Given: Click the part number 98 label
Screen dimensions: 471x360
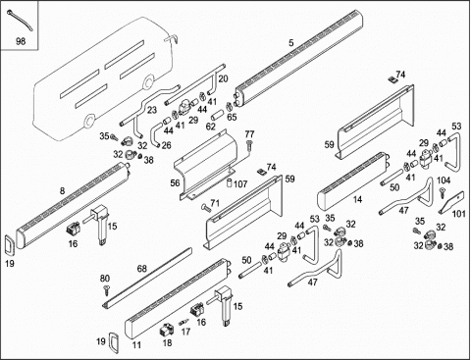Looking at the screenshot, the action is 21,41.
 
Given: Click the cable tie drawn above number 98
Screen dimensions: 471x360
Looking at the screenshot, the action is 20,20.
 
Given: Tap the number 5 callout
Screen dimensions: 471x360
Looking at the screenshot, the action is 291,43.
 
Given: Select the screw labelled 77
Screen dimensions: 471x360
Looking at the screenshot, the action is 249,144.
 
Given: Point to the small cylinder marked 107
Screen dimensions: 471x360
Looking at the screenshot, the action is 230,182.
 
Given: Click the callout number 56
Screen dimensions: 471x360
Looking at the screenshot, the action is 175,182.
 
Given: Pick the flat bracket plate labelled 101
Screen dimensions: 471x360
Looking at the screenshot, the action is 451,202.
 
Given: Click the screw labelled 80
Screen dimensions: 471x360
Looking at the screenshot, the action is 106,289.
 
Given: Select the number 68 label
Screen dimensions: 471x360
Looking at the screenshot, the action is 141,269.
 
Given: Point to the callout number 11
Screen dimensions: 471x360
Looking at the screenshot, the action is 136,345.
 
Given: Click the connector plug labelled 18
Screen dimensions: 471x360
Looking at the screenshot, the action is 166,331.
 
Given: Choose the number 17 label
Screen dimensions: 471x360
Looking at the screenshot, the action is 185,332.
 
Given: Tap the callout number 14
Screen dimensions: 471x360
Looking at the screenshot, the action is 357,199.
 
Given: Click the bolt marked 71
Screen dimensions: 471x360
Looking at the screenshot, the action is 205,207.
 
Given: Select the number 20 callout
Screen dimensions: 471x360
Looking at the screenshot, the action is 223,78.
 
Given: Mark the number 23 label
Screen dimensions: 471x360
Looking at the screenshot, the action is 152,110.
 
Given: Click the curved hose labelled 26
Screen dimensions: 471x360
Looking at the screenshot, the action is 155,134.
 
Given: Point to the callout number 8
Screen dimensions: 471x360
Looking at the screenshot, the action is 62,191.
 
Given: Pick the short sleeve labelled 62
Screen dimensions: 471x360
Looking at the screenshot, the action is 217,116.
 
